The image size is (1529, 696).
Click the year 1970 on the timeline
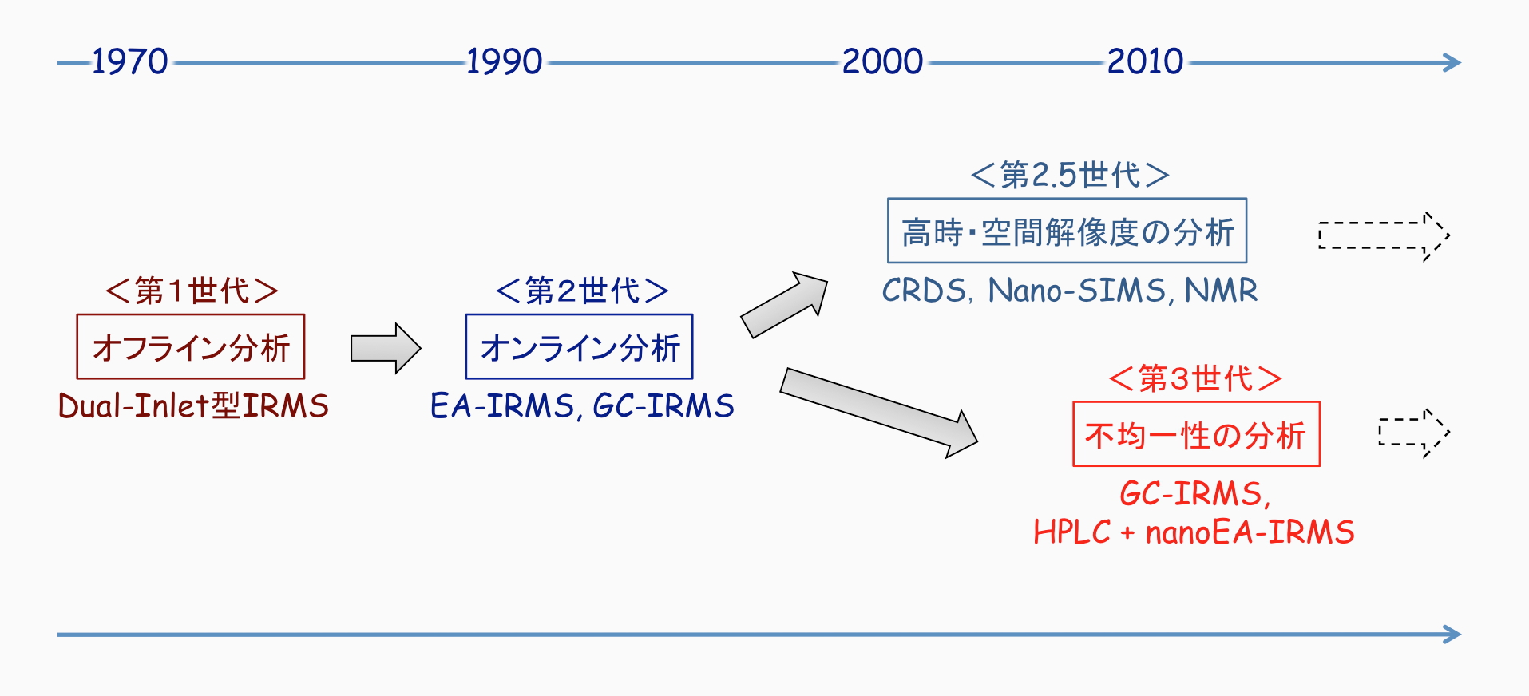129,61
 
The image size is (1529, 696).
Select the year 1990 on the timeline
504,61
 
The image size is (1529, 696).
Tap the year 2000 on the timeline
882,61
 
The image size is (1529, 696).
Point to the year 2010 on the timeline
1145,61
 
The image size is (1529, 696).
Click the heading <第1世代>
192,291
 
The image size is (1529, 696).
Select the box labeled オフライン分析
191,347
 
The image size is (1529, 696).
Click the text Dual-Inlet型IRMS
193,405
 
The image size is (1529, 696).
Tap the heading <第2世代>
581,291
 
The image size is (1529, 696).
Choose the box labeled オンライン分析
580,347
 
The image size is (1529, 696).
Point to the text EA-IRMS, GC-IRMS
582,405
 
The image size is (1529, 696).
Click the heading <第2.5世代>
1070,175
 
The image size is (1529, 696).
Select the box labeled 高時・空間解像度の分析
1067,231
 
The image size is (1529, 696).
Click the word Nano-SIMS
1078,291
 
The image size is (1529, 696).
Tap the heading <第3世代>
1195,378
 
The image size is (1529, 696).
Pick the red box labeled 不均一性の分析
1196,435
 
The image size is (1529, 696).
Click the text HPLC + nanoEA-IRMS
1194,532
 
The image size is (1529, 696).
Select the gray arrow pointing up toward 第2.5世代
784,305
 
